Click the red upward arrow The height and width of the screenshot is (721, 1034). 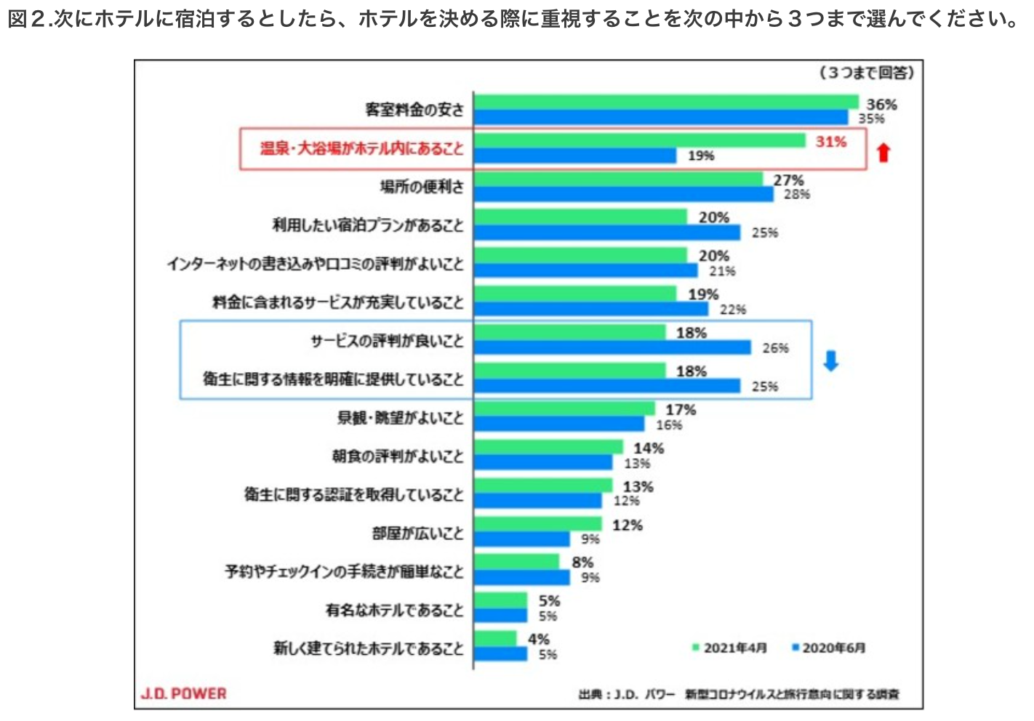(883, 152)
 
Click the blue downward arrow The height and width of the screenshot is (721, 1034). (831, 360)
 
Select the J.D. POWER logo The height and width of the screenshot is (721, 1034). (184, 693)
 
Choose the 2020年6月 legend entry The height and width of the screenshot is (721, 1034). (829, 648)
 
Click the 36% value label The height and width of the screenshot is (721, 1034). (881, 105)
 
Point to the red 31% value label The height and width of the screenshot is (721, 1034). (830, 142)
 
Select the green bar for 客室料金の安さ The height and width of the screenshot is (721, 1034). (665, 102)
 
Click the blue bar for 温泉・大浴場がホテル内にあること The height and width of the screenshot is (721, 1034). (574, 156)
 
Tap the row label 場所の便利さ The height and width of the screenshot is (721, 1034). (422, 187)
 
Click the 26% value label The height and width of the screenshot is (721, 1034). (775, 348)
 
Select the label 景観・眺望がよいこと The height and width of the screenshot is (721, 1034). (400, 418)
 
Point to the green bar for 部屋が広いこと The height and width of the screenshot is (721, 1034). (537, 524)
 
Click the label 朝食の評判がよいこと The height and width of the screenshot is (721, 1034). (398, 456)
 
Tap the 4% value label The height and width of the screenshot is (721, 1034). (539, 639)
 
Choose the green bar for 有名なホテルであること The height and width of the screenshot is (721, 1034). (500, 600)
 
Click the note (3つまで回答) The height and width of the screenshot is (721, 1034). (867, 73)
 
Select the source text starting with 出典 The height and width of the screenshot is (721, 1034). (739, 694)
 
